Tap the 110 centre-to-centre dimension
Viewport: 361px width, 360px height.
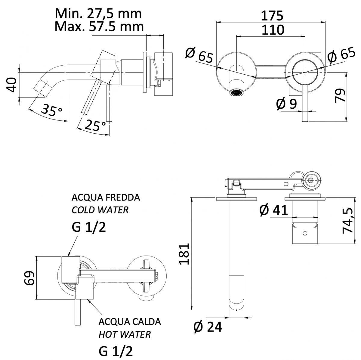273,30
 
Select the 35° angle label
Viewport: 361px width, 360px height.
51,110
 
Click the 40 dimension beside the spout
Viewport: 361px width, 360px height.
12,85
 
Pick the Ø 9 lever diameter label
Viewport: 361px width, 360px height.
286,104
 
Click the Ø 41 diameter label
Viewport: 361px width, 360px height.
273,210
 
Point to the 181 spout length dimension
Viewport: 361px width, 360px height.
184,254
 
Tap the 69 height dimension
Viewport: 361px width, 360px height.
29,278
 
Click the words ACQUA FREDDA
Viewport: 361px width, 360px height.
106,198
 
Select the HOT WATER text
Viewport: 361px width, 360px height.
125,334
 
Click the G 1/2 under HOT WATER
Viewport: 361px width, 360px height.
116,351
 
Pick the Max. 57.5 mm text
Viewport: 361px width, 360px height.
99,26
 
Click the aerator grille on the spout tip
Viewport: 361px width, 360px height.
237,92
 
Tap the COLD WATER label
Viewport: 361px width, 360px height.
100,210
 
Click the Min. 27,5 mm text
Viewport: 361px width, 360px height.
98,14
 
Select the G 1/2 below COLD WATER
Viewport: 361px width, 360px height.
89,227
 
